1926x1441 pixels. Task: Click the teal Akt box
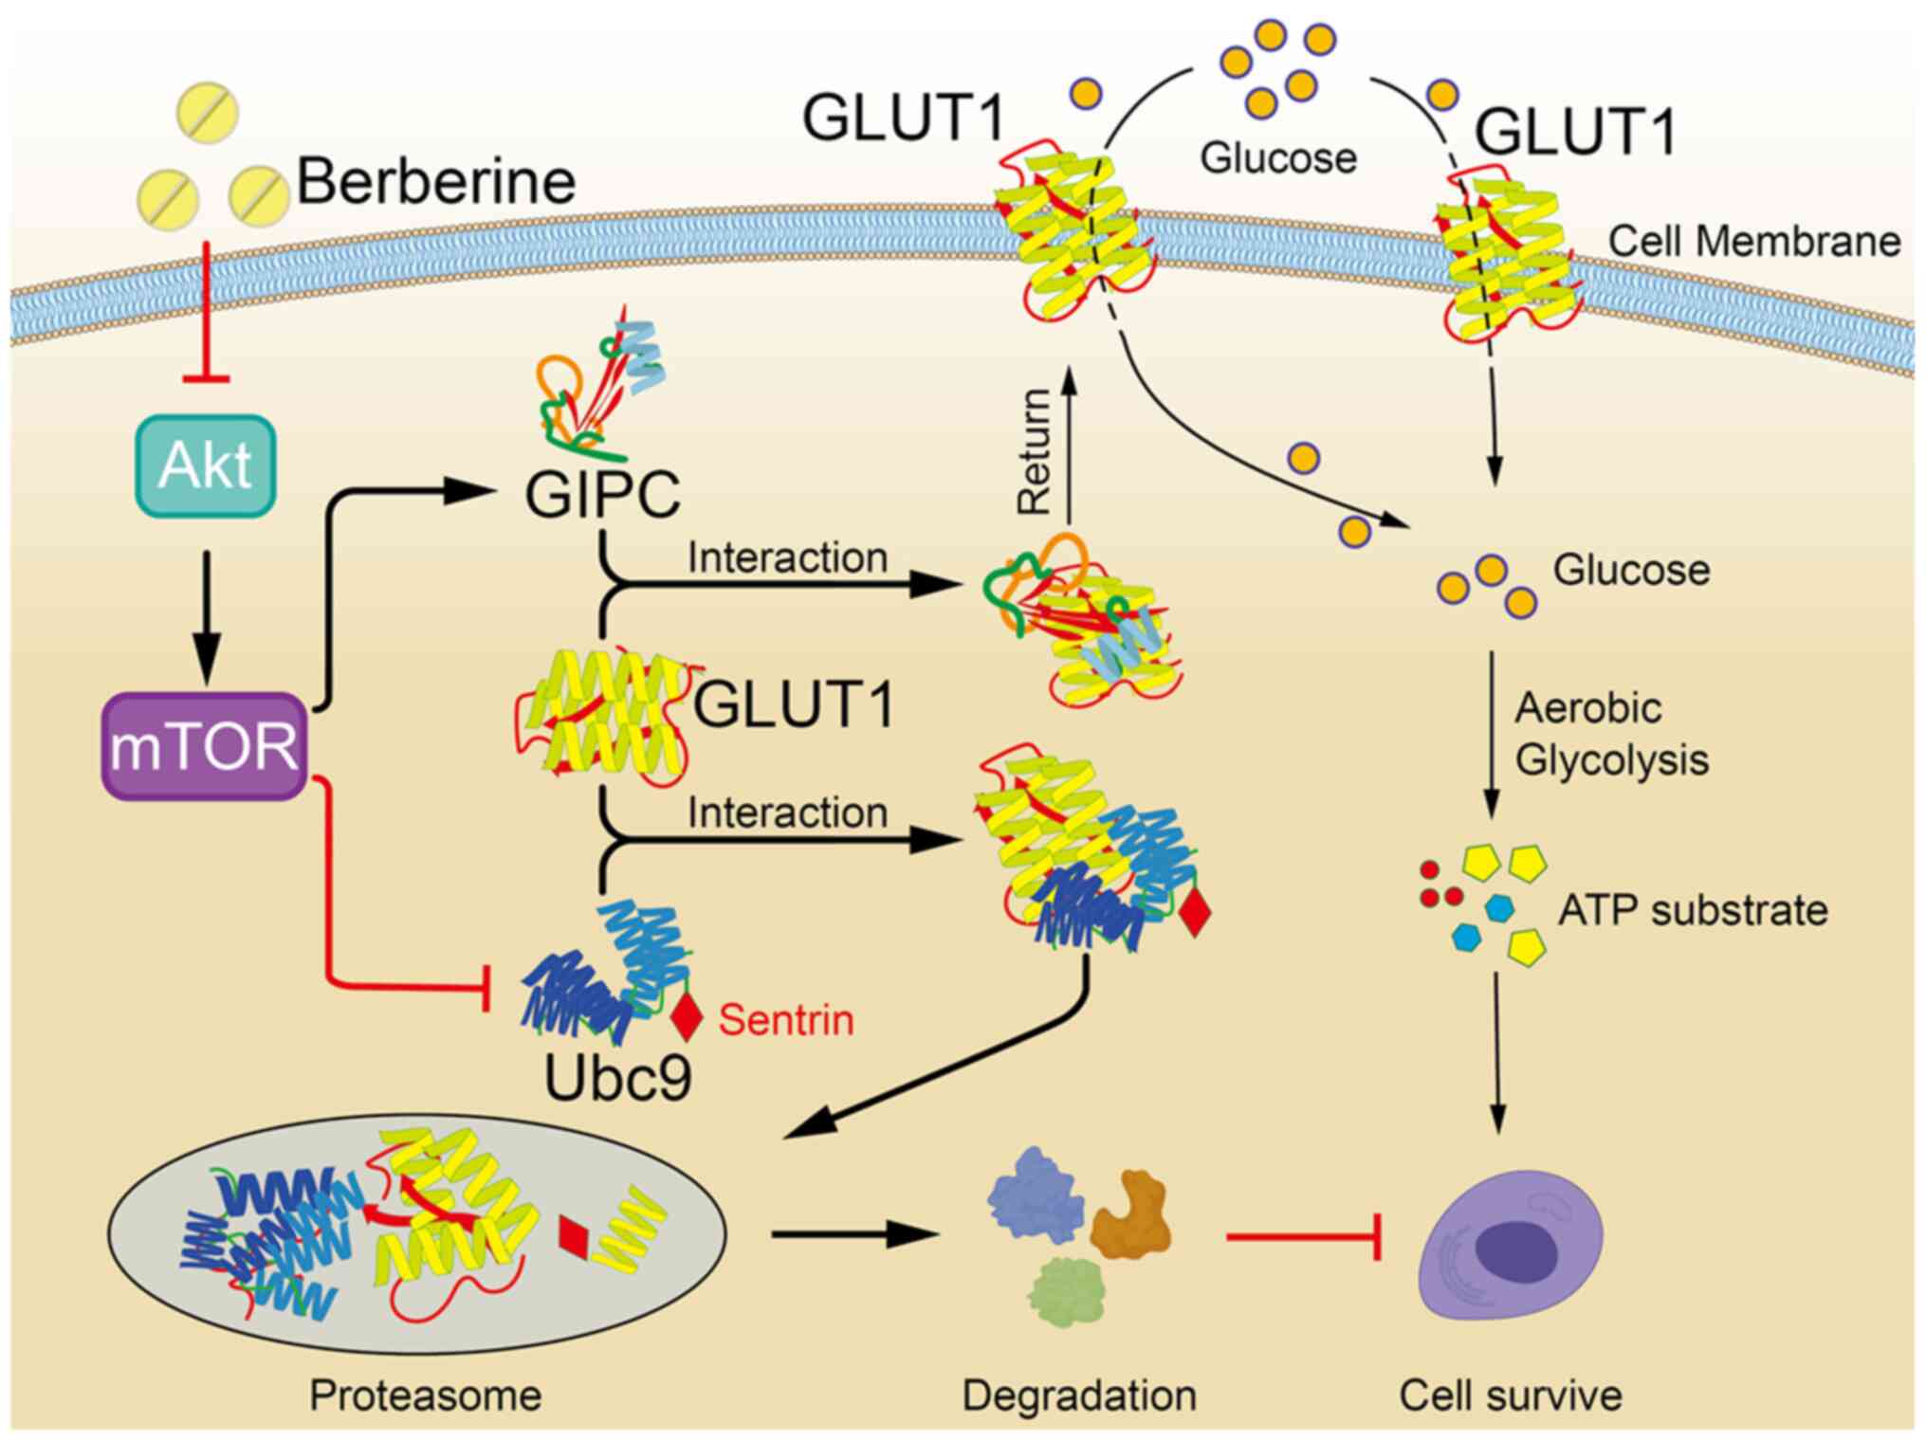[x=206, y=465]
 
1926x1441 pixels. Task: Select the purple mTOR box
[x=204, y=746]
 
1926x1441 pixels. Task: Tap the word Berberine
[x=436, y=181]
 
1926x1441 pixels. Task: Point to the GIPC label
[x=603, y=494]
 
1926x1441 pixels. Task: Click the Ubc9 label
[x=617, y=1077]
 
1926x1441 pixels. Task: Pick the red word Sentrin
[x=786, y=1020]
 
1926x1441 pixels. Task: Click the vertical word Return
[x=1034, y=451]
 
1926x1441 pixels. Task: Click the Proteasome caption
[x=425, y=1395]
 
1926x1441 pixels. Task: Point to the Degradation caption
[x=1079, y=1395]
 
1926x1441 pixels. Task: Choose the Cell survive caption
[x=1511, y=1395]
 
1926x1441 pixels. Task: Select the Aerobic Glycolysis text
[x=1611, y=734]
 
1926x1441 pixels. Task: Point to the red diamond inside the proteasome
[x=574, y=1235]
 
